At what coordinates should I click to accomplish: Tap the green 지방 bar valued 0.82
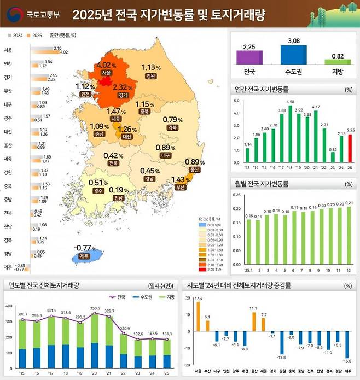pos(337,62)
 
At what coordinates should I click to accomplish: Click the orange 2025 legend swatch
pos(28,35)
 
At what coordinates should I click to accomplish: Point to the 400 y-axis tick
pos(8,306)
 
